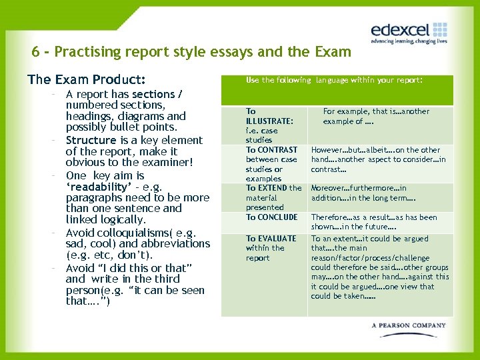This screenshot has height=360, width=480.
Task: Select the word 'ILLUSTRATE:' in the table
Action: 269,121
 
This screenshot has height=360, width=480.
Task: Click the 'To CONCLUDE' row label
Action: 272,217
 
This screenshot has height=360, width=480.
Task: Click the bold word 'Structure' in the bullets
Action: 91,140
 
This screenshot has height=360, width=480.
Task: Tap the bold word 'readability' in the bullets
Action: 96,187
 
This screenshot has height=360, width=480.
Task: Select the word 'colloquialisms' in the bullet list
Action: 127,233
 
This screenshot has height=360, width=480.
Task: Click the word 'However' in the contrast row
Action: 327,150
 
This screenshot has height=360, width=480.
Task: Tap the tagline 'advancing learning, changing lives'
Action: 409,41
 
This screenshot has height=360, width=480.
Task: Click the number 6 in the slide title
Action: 35,52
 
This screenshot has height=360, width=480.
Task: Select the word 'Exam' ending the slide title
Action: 333,52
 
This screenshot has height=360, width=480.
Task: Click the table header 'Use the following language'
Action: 303,80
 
